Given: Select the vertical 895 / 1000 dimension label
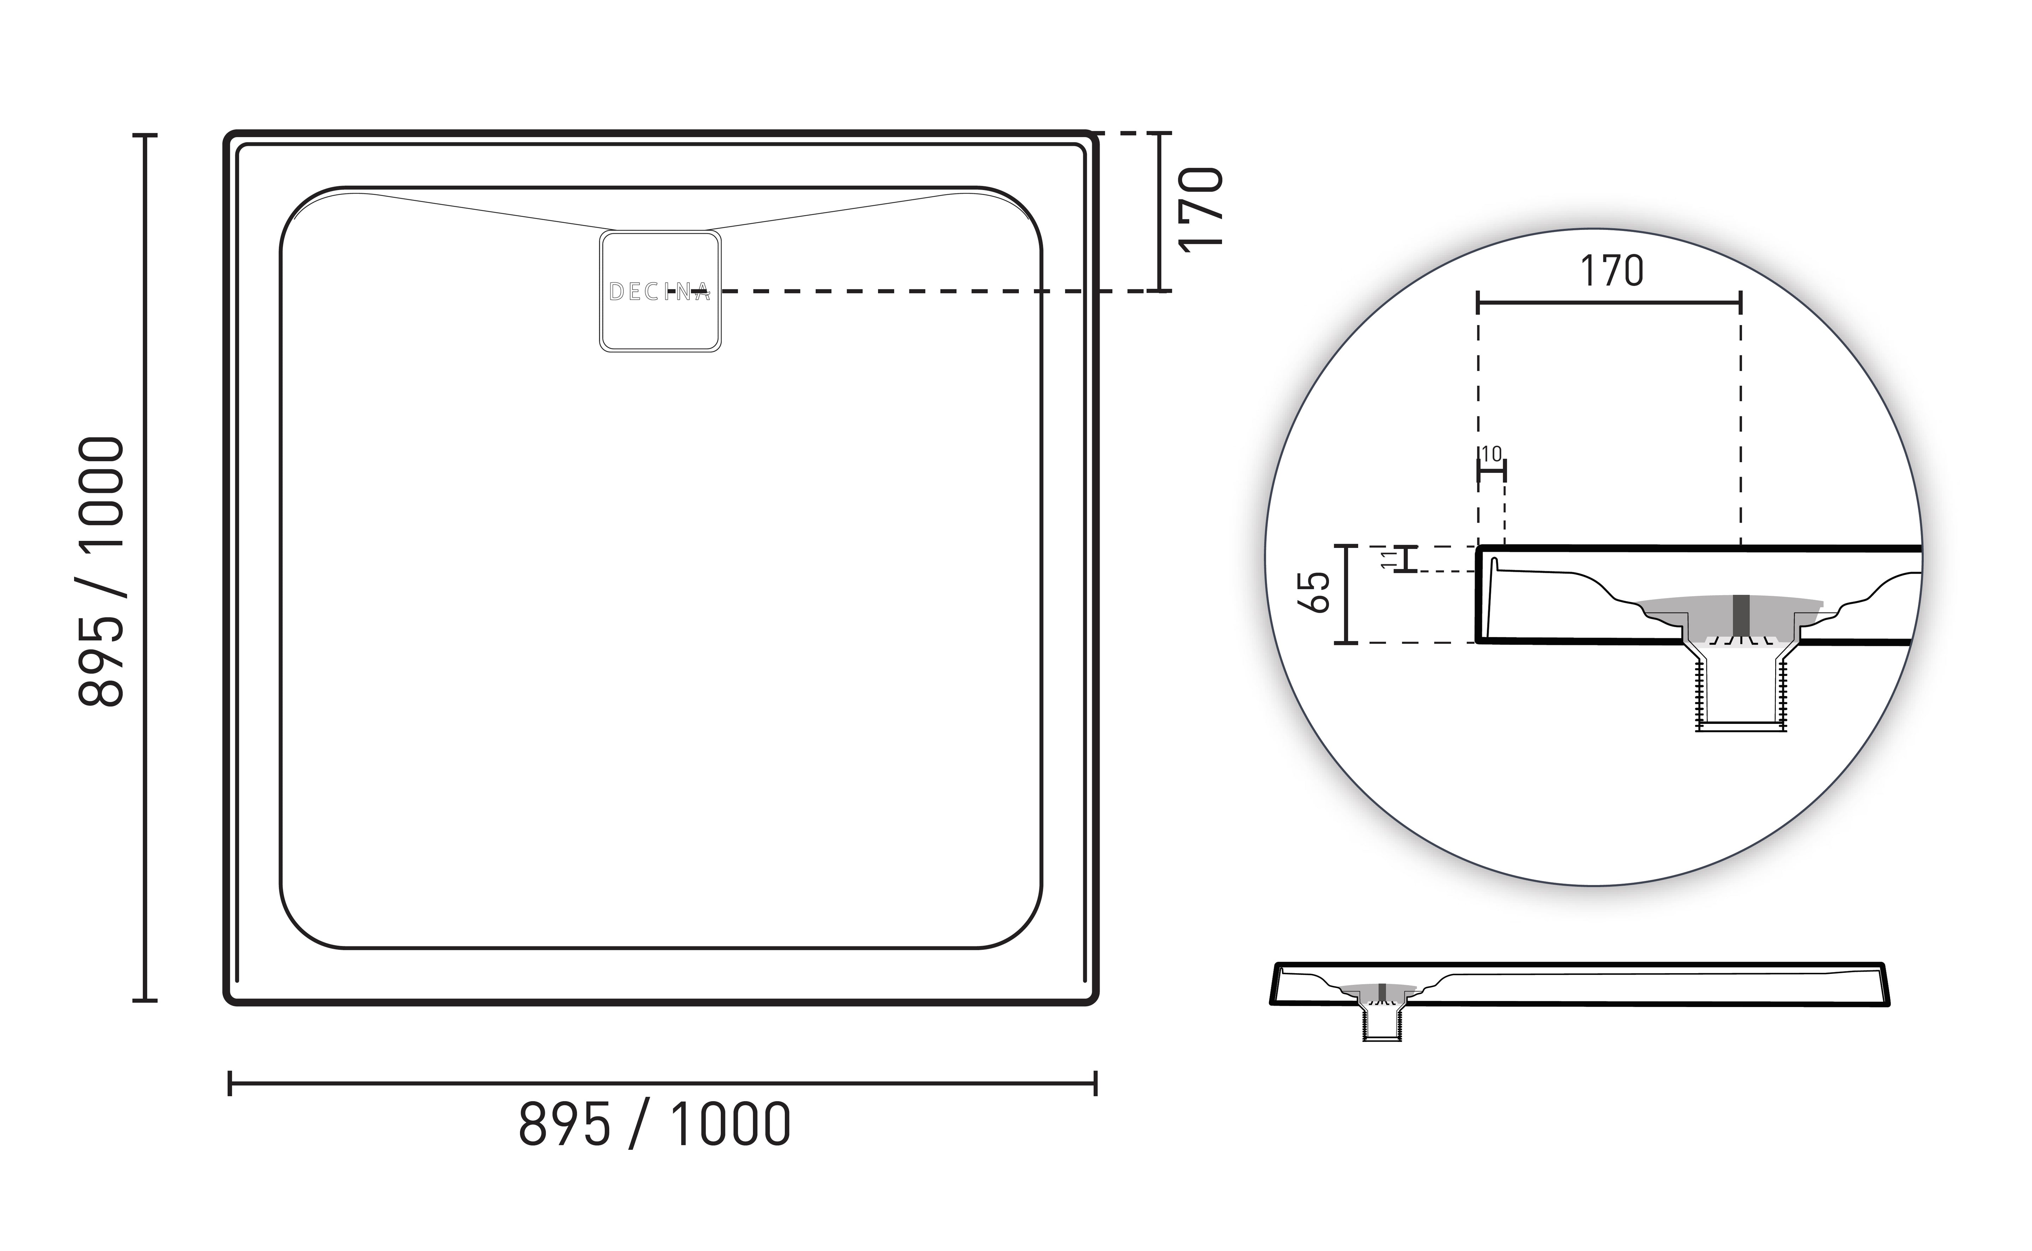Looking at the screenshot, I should [101, 571].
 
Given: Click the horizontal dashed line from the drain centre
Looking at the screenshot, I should [927, 291].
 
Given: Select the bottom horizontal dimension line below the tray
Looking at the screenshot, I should [662, 1083].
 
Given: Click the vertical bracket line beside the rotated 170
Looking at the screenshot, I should [1160, 212].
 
